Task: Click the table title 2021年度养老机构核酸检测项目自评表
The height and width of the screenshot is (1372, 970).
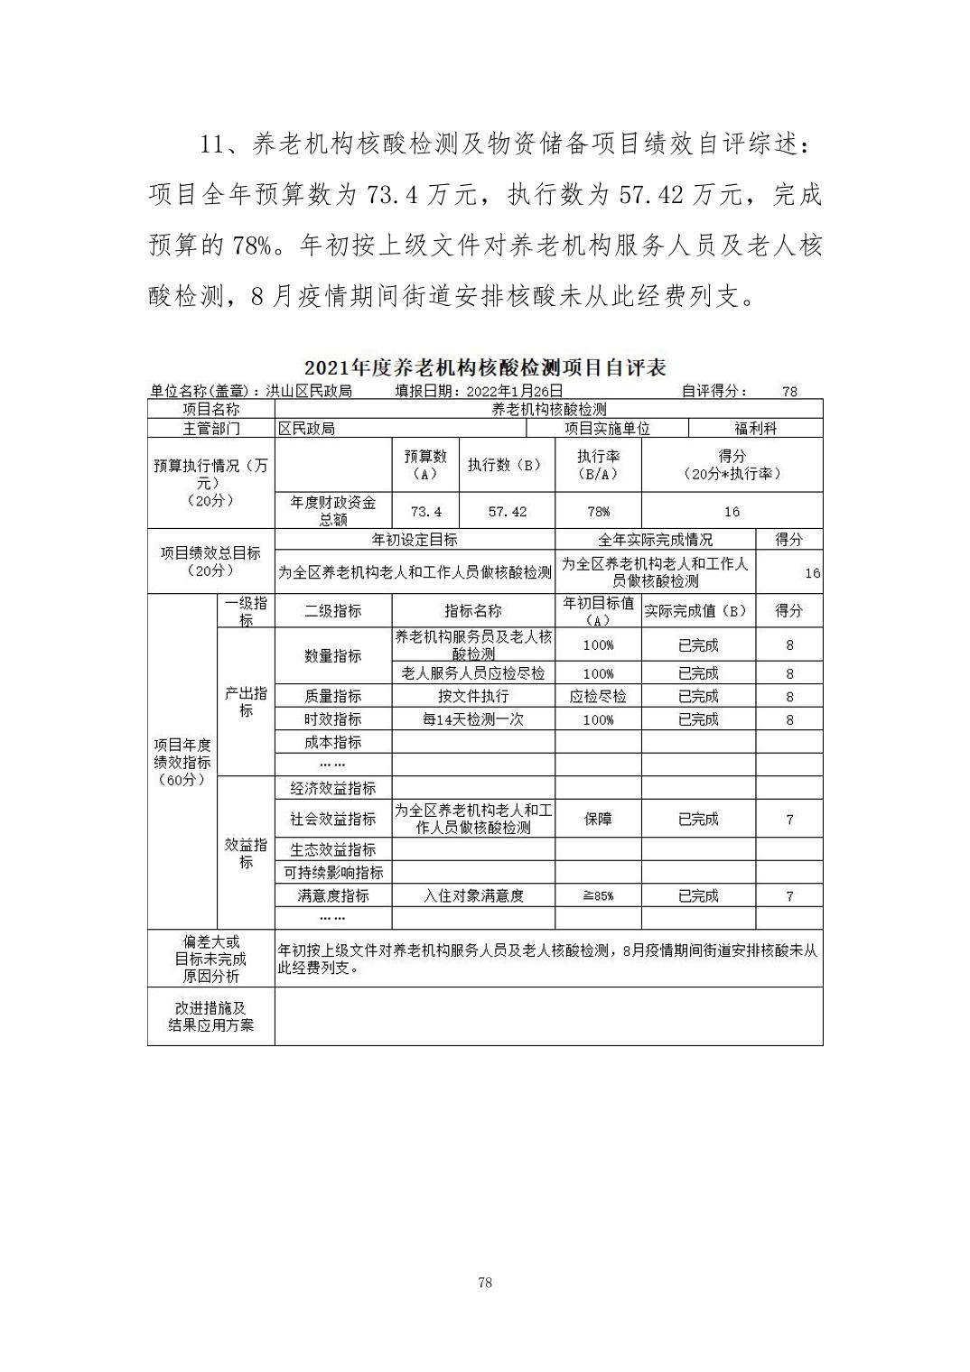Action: [485, 367]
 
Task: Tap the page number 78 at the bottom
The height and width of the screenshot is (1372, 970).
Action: [485, 1283]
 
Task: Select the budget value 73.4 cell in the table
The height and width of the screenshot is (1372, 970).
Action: [425, 511]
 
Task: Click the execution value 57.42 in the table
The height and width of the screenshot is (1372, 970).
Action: [507, 511]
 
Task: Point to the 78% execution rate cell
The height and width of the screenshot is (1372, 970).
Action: [598, 511]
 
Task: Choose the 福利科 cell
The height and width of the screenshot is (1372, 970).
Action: [755, 429]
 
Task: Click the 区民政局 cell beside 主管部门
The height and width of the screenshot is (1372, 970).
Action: [306, 429]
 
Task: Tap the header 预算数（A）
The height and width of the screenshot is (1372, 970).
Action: [425, 465]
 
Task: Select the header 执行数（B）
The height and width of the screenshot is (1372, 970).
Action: [507, 465]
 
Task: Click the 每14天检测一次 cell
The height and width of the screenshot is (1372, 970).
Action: [473, 719]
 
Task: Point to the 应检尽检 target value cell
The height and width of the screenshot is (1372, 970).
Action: [598, 696]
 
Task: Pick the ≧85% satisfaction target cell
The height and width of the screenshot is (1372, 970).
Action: [598, 895]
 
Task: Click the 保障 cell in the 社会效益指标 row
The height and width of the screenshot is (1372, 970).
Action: [598, 819]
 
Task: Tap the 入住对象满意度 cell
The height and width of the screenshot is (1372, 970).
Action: [473, 895]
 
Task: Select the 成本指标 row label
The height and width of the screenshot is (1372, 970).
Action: [333, 742]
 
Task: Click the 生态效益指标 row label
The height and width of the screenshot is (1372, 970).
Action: [333, 849]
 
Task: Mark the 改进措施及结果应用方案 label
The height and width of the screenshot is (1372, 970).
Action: [210, 1016]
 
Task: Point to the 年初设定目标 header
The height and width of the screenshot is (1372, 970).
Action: [415, 540]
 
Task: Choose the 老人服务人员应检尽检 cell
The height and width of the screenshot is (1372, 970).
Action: [473, 673]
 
